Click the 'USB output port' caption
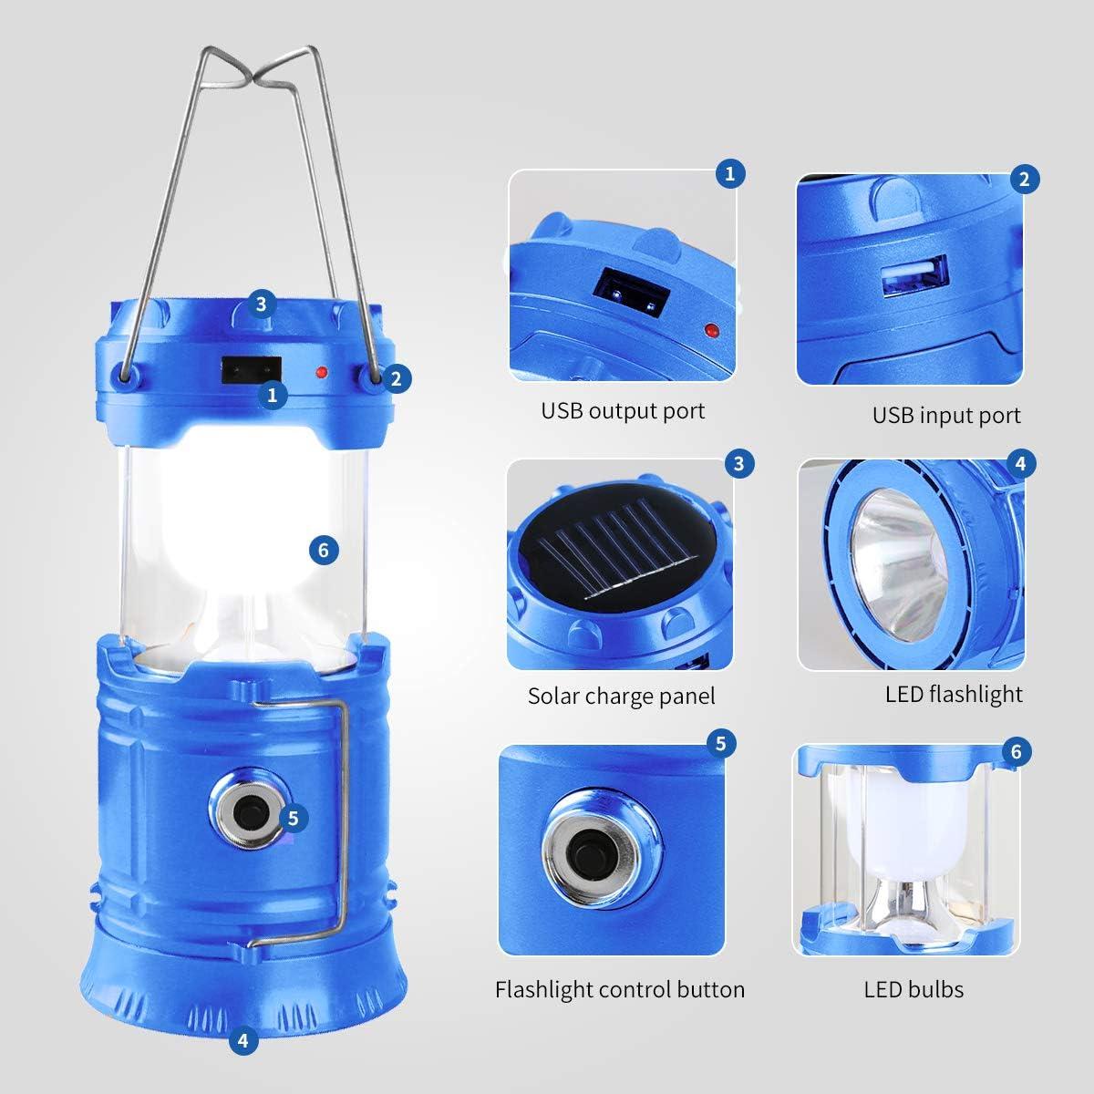[623, 410]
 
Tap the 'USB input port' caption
[946, 416]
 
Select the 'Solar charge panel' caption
[622, 697]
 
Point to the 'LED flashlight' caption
[954, 694]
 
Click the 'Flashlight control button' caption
[620, 989]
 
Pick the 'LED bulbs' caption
[913, 989]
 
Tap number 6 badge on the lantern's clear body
[324, 549]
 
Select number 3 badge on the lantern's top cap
[262, 304]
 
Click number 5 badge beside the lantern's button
[292, 818]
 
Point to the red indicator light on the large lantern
[321, 373]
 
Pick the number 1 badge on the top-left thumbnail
[728, 173]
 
